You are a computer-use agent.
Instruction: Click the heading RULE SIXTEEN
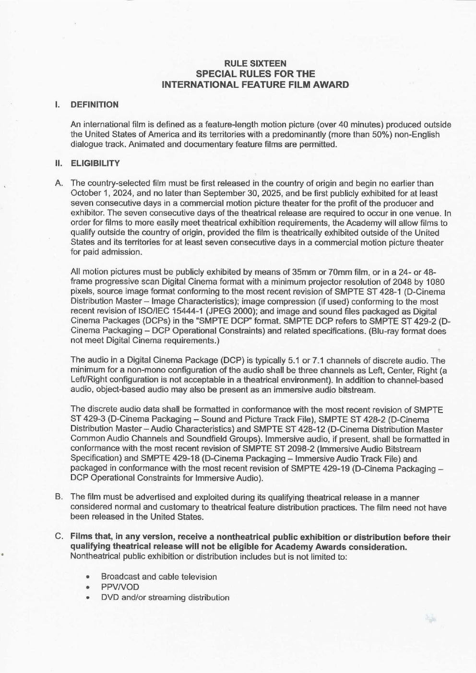click(x=255, y=63)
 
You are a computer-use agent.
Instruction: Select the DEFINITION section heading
click(x=94, y=105)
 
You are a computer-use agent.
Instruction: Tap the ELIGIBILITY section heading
click(x=95, y=163)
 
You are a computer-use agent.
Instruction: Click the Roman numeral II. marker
click(x=59, y=163)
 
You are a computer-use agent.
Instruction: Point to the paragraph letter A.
click(x=59, y=183)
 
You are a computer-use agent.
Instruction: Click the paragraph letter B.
click(x=59, y=497)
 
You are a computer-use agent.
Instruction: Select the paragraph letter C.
click(x=59, y=536)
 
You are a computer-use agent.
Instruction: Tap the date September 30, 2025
click(x=242, y=193)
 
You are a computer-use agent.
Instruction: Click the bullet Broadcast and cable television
click(x=159, y=577)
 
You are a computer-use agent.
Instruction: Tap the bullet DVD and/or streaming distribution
click(x=165, y=597)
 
